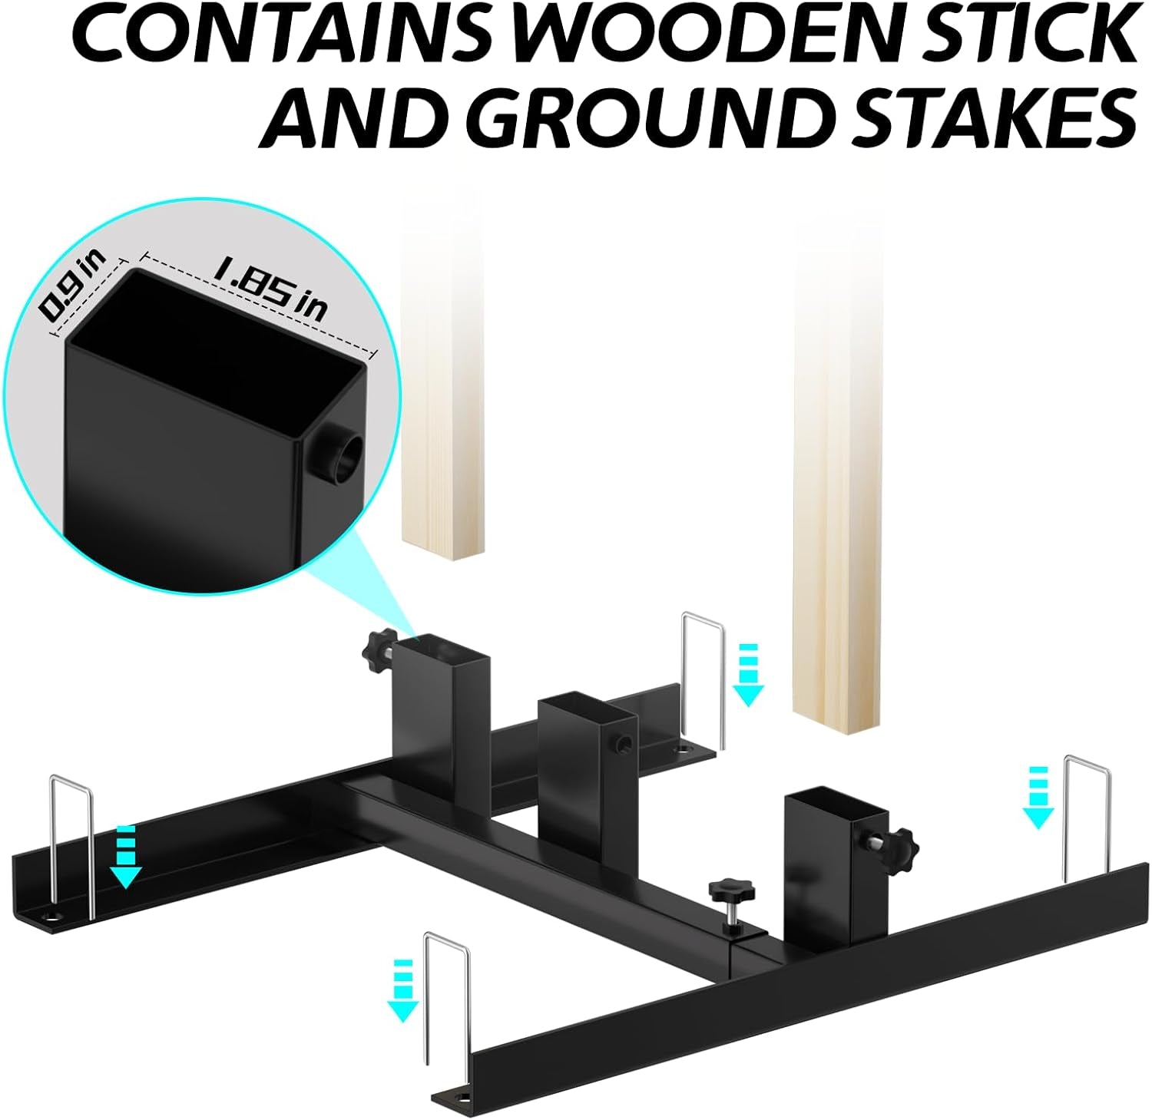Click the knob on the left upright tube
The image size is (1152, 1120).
pos(374,646)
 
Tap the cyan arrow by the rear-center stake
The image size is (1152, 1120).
pos(748,675)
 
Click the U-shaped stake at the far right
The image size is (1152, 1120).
pos(1085,818)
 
